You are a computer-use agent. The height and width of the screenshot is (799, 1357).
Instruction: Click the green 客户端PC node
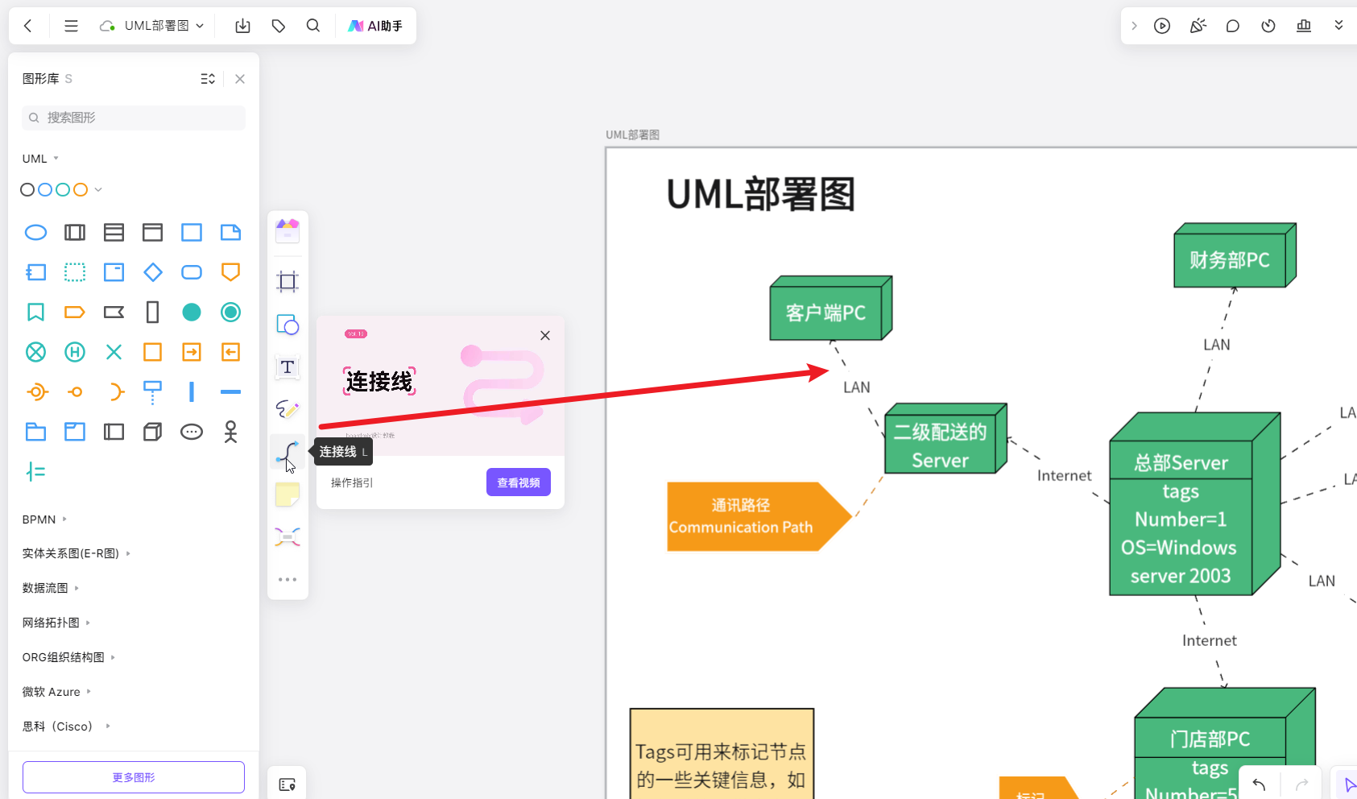[x=826, y=313]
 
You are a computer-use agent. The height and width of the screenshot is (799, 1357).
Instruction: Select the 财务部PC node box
[x=1230, y=260]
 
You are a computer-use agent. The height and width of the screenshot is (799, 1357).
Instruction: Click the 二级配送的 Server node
[x=941, y=445]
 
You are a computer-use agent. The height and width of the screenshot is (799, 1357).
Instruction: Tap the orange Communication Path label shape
[x=742, y=516]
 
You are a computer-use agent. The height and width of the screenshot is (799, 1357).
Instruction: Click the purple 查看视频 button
[x=518, y=482]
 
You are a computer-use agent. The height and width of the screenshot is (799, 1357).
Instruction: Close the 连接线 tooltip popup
[x=545, y=336]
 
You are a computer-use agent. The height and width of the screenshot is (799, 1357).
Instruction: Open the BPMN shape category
[x=39, y=520]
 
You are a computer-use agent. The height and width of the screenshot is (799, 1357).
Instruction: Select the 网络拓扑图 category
[x=51, y=623]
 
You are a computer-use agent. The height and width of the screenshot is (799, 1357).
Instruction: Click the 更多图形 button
[x=134, y=777]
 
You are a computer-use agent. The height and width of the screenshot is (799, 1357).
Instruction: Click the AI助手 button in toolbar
[x=375, y=26]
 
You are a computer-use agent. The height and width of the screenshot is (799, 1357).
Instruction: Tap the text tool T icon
[x=288, y=367]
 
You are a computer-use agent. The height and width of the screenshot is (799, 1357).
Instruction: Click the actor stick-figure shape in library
[x=230, y=432]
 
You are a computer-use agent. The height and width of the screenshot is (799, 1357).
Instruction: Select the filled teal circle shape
[x=192, y=313]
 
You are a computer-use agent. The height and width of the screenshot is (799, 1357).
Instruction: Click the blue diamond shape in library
[x=153, y=272]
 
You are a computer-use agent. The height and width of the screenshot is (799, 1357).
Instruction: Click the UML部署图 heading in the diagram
[x=760, y=194]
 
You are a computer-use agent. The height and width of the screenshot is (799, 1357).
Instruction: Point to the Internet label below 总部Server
[x=1209, y=640]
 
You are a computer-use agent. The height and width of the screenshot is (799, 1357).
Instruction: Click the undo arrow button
[x=1259, y=784]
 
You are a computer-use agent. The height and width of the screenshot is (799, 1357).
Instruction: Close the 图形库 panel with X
[x=240, y=79]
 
